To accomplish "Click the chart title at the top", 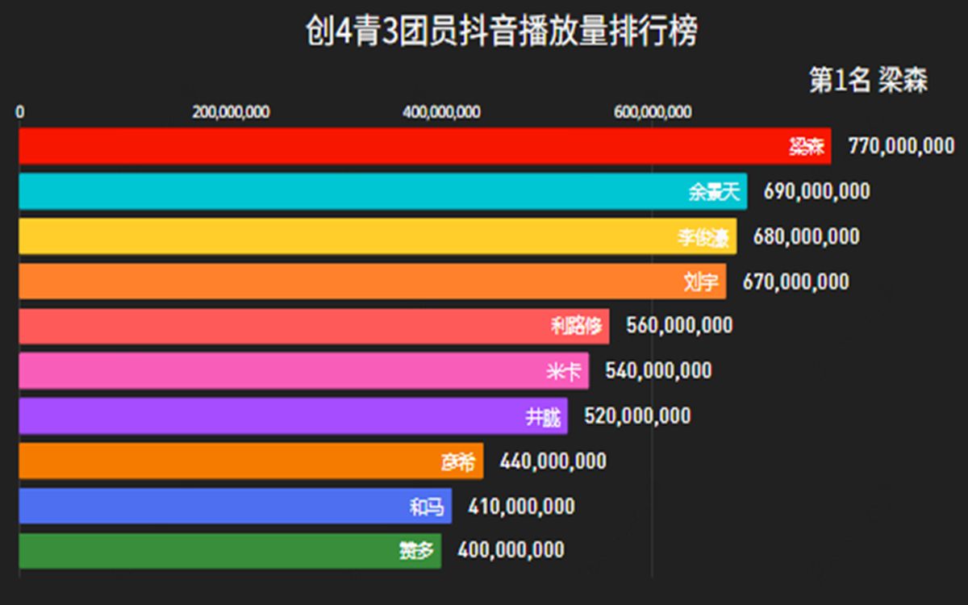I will [x=500, y=33].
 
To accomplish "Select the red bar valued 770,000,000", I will [x=403, y=146].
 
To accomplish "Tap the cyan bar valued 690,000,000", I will [x=363, y=191].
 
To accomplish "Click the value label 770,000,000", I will [x=901, y=146].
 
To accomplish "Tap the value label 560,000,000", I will [x=680, y=325].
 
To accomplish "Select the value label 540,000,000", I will [x=659, y=371].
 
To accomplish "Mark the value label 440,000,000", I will [x=553, y=461].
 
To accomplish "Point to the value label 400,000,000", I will [x=511, y=551].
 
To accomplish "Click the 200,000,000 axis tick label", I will [x=231, y=112].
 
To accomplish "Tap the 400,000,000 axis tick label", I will [x=442, y=112].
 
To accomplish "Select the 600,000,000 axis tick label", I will [x=653, y=112].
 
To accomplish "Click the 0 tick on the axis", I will [x=20, y=112].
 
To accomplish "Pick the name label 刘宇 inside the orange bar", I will [x=700, y=282].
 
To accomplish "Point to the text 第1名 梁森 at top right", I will [x=868, y=81].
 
